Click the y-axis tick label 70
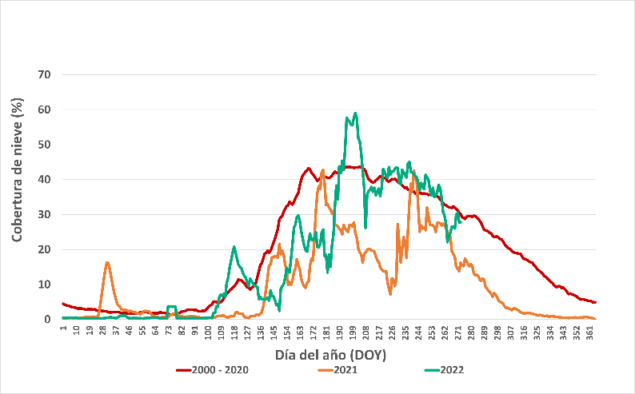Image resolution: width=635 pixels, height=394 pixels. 45,74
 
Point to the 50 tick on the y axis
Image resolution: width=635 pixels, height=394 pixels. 45,145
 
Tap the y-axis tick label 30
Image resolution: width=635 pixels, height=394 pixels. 45,214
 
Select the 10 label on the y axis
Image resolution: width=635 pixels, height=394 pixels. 45,285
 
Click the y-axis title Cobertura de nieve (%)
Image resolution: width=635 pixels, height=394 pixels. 17,169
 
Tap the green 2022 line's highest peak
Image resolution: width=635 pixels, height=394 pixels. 355,113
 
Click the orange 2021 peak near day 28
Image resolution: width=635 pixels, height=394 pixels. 106,262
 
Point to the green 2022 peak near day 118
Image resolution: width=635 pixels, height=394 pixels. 234,247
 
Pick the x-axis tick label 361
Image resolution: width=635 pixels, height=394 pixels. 589,332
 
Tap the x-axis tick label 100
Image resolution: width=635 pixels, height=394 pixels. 208,332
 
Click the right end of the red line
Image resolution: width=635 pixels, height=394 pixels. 596,302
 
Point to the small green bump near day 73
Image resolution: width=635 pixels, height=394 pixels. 171,306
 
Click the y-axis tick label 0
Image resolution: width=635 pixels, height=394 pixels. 48,320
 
